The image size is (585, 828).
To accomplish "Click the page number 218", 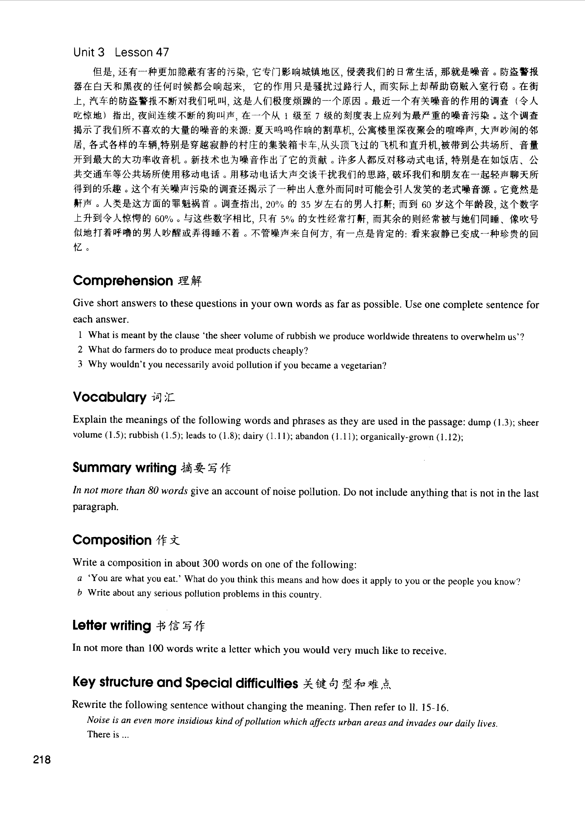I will click(x=42, y=760).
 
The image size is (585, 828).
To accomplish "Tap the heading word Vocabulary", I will click(x=109, y=397).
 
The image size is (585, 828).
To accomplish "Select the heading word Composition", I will click(x=112, y=540).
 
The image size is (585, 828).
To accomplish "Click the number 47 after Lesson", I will click(x=162, y=53).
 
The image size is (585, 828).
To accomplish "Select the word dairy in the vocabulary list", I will click(x=253, y=436).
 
